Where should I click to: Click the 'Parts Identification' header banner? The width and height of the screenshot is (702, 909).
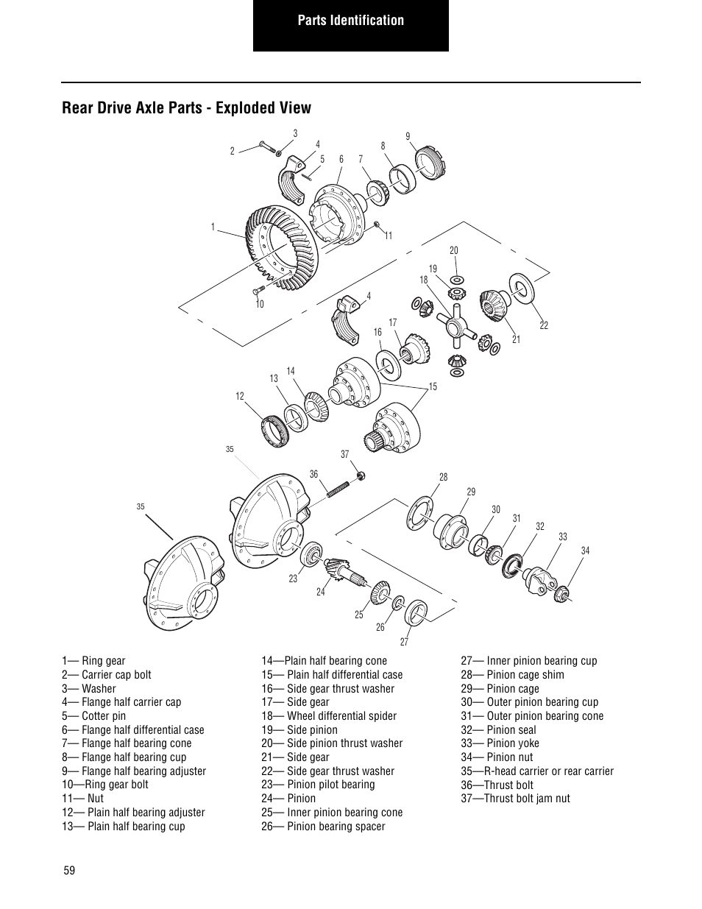tap(350, 21)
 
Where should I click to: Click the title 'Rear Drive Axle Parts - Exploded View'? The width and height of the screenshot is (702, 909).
tap(186, 108)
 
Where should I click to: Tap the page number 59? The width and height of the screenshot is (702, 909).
tap(68, 871)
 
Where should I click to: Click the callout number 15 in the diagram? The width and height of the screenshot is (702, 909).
tap(433, 387)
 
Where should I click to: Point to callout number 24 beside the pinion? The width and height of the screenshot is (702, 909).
tap(320, 592)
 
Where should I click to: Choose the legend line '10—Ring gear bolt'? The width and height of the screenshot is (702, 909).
tap(105, 785)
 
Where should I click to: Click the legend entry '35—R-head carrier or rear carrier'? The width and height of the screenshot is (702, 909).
tap(536, 771)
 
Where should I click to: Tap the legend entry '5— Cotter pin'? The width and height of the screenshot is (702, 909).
tap(93, 716)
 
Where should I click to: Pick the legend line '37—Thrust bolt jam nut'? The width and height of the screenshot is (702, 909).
tap(515, 799)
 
